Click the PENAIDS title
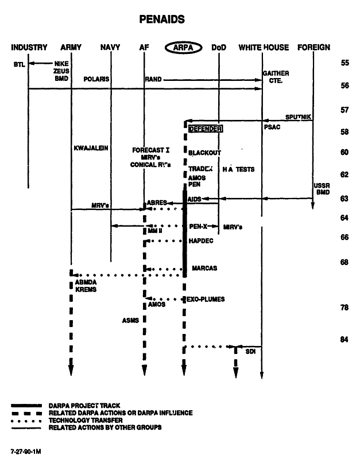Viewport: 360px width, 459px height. pos(162,20)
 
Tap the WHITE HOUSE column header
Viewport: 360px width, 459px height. pos(264,48)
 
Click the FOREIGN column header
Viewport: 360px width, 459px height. pos(313,48)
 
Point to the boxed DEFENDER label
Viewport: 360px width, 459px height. pos(205,129)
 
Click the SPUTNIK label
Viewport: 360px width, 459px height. pos(299,116)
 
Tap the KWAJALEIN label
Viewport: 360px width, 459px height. pos(91,148)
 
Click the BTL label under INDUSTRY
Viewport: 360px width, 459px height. pos(19,64)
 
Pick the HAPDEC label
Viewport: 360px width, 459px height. pos(201,242)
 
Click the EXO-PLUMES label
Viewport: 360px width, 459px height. pos(206,299)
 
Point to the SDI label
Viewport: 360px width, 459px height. pos(250,351)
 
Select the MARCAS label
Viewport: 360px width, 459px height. pos(204,269)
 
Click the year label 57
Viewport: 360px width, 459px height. pos(344,110)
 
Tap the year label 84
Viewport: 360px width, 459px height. pos(344,339)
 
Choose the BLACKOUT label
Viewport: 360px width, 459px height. pos(204,153)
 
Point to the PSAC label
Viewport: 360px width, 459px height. pos(272,127)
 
